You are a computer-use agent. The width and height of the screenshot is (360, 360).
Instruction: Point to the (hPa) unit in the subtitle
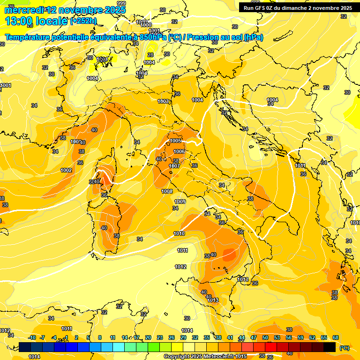click(x=254, y=37)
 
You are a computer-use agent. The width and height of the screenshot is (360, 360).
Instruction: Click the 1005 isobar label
click(x=176, y=141)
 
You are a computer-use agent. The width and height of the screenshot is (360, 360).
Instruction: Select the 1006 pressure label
click(x=179, y=151)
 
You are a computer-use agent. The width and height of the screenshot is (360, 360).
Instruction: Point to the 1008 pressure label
click(x=167, y=191)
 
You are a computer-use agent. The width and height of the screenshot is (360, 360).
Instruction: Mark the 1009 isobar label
click(x=180, y=202)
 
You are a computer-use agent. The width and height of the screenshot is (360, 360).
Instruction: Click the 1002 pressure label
click(x=66, y=170)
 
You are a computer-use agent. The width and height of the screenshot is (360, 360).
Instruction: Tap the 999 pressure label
click(x=121, y=3)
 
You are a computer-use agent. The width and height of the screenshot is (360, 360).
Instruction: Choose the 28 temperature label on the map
click(x=150, y=55)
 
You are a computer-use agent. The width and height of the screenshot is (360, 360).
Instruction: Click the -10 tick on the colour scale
click(x=32, y=337)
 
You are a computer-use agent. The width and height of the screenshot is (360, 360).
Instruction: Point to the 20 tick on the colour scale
click(x=148, y=337)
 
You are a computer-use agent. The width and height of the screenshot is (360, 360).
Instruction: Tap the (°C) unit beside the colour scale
click(x=344, y=348)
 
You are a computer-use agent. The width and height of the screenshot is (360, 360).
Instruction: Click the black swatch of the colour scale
click(x=330, y=347)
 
